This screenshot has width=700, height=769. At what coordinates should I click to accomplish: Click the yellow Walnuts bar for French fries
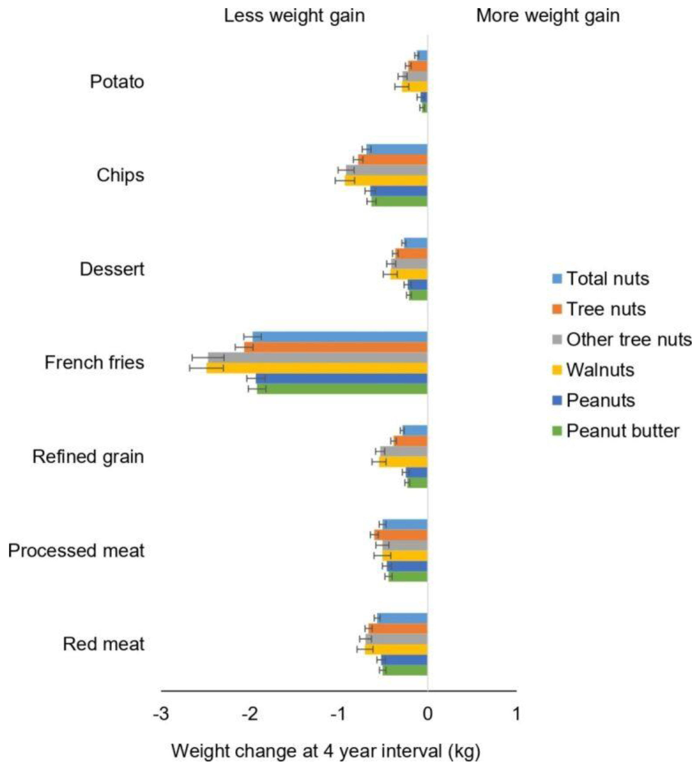[x=317, y=368]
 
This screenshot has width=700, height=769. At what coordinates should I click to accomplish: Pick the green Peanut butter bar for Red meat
[x=405, y=670]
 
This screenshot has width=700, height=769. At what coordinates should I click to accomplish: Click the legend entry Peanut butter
[x=622, y=431]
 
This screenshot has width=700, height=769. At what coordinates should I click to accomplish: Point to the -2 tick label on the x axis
[x=250, y=714]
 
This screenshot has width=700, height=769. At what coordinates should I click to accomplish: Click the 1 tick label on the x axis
[x=516, y=714]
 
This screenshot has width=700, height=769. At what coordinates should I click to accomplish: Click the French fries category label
[x=94, y=362]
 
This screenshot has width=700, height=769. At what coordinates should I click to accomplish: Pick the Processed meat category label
[x=76, y=550]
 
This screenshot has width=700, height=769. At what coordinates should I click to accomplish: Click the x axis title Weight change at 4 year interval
[x=325, y=751]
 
